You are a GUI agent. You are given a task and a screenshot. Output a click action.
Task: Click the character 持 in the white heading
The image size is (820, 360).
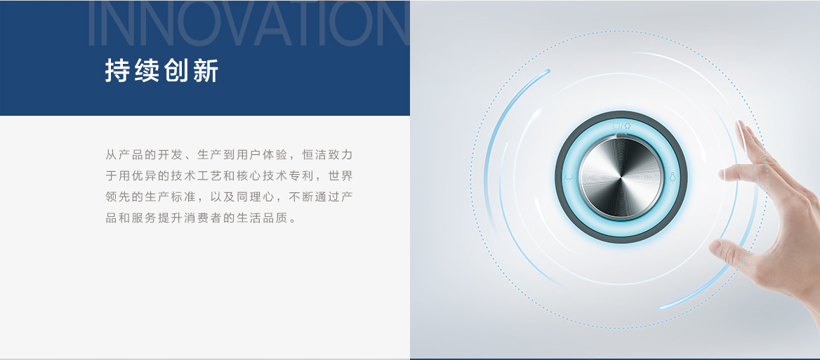(x=117, y=71)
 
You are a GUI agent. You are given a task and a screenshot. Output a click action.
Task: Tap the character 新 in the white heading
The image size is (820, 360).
(x=206, y=71)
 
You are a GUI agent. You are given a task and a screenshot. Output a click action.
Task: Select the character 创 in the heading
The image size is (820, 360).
(x=176, y=71)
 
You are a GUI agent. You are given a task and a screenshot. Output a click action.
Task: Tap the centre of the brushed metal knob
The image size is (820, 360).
(x=621, y=178)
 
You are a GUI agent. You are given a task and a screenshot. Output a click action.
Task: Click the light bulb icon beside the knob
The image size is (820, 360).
(x=673, y=178)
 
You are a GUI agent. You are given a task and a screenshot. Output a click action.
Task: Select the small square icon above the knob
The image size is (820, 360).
(x=616, y=126)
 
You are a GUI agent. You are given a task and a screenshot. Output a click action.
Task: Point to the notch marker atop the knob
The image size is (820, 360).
(x=621, y=135)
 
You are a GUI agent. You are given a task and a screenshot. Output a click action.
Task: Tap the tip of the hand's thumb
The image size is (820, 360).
(x=715, y=246)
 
